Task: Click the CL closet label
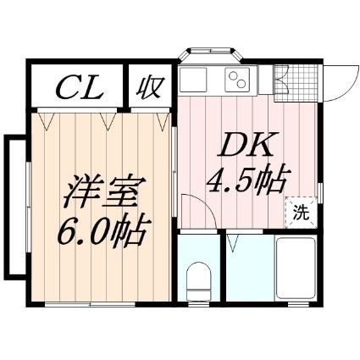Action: [x=80, y=87]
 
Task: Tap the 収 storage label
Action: [x=150, y=87]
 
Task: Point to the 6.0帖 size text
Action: [x=102, y=231]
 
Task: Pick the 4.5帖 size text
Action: [x=245, y=180]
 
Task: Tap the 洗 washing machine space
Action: [x=301, y=213]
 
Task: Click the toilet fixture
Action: [x=199, y=280]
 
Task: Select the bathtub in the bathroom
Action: [x=296, y=269]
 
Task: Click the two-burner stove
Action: [x=237, y=80]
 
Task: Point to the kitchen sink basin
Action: [x=193, y=80]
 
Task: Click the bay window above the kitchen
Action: [x=210, y=54]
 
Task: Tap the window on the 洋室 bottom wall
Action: [x=90, y=304]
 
